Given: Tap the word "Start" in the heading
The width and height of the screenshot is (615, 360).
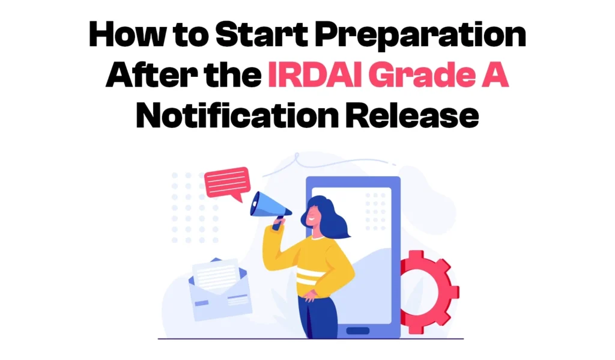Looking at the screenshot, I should (x=249, y=36).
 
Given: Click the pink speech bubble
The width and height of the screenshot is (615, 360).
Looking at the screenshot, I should (x=226, y=183).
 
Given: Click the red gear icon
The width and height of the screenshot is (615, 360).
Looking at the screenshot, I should (x=428, y=288).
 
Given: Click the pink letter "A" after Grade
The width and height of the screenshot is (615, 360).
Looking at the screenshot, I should (x=495, y=77).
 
